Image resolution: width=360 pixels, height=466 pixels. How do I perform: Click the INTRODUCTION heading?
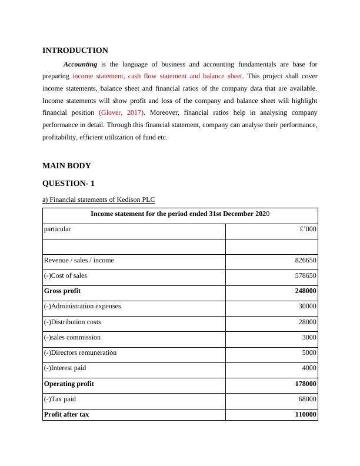pos(75,51)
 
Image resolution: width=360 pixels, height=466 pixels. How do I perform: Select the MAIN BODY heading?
pos(67,166)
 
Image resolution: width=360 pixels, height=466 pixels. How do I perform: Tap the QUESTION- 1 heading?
pos(69,184)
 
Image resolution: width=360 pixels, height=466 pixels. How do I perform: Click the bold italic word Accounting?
pos(80,64)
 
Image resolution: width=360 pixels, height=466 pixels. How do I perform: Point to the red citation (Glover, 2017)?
pos(122,112)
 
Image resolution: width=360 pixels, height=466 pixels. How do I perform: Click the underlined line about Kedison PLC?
pos(99,199)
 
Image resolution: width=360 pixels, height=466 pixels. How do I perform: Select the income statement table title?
pos(180,214)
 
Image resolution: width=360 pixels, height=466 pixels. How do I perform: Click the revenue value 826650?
pos(306,260)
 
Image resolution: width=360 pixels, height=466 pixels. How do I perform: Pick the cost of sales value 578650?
pos(306,276)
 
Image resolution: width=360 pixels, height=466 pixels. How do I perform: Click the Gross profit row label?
pos(63,291)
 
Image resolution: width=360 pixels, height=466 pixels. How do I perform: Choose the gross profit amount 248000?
pos(306,291)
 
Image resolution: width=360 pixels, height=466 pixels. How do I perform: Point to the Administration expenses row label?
pos(82,306)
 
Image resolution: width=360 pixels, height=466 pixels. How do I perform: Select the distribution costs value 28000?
pos(308,322)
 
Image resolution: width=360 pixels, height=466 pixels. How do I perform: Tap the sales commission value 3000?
pos(309,338)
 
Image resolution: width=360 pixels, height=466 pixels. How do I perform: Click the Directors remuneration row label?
pos(81,352)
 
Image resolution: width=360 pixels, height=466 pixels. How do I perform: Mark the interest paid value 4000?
pos(309,368)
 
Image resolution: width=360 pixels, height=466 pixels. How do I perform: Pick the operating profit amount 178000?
pos(306,384)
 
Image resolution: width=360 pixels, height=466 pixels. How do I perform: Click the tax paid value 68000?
pos(308,400)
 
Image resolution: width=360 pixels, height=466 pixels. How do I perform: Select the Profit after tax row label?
pos(66,414)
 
